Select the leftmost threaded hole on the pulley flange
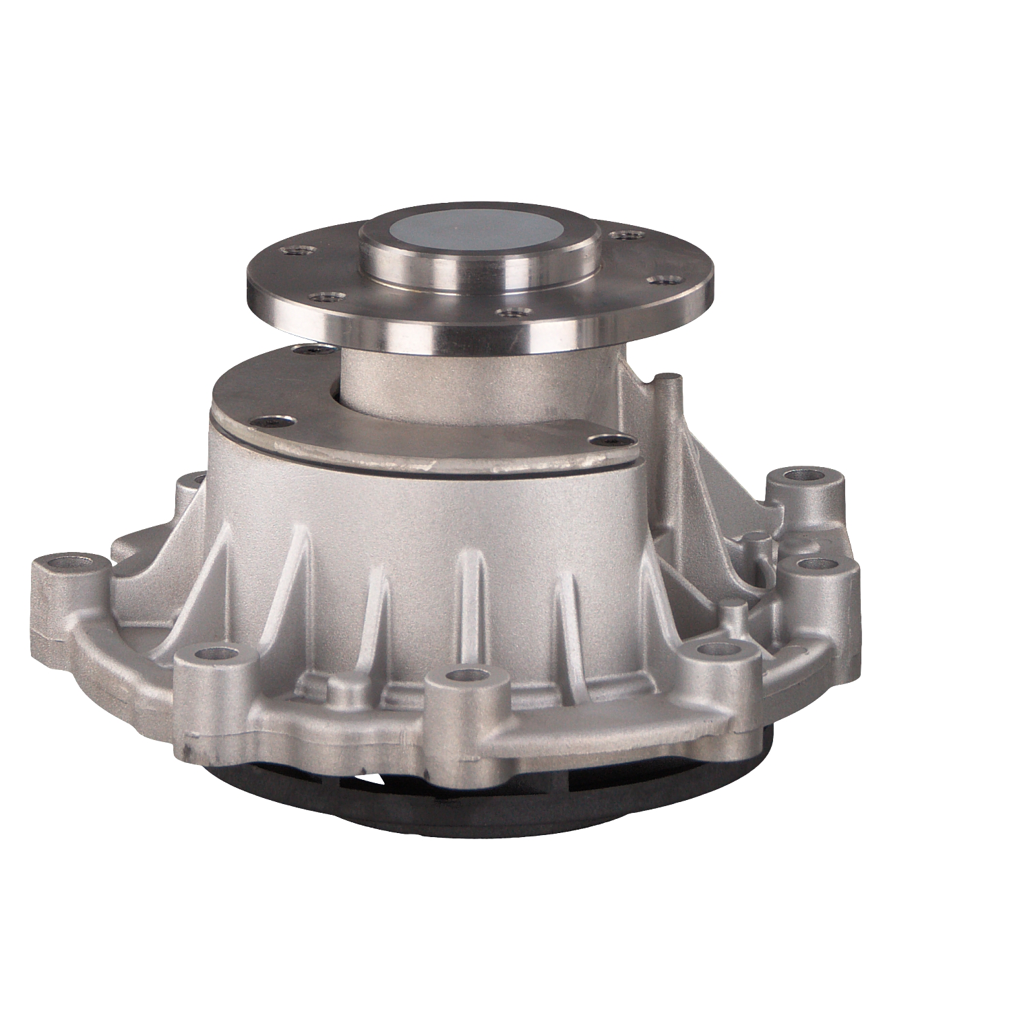tap(296, 252)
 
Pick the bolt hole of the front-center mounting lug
tap(464, 673)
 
